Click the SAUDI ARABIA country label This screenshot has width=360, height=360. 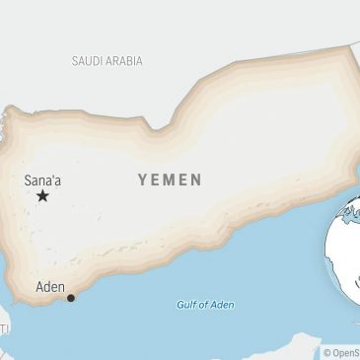pos(107,61)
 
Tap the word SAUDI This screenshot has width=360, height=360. pos(88,61)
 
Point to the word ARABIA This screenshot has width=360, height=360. pos(123,61)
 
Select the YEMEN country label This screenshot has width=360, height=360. pos(170,180)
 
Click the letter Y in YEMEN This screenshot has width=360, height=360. pos(142,180)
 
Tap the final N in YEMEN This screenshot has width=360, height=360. pos(196,180)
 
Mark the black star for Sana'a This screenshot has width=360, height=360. pos(42,196)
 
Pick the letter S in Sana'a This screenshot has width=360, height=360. pos(29,180)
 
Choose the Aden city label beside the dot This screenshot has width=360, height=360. pos(50,287)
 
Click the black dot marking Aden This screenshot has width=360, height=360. pos(70,298)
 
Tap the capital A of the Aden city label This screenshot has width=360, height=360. pos(40,287)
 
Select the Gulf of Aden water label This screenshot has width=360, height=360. pos(205,305)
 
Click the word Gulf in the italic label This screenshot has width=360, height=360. pos(187,305)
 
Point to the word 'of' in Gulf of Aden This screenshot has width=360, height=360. pos(204,305)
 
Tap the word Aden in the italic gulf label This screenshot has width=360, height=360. pos(222,305)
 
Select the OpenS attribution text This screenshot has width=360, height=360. pos(346,352)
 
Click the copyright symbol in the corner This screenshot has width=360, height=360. pos(327,352)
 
